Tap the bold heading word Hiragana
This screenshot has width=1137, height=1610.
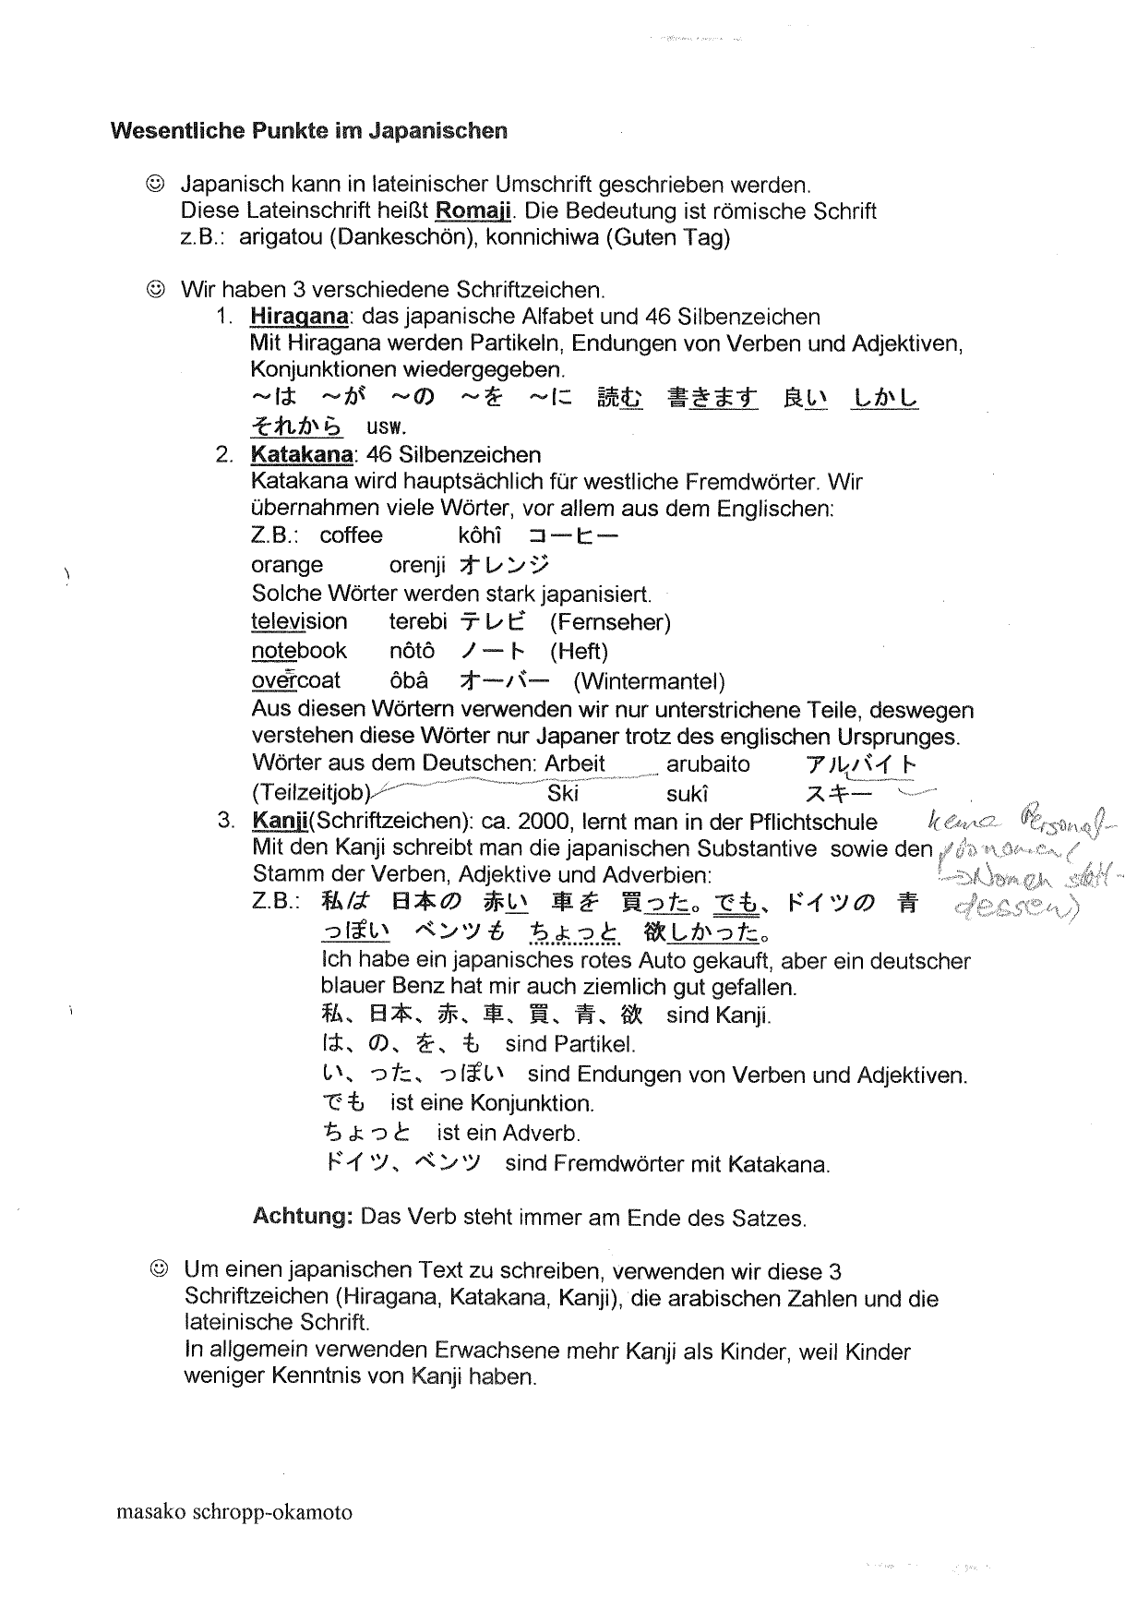[299, 317]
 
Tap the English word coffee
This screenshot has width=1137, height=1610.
[351, 535]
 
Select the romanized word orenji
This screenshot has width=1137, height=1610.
[417, 564]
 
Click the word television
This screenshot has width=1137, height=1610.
[299, 621]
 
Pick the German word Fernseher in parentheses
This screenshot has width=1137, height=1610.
[610, 622]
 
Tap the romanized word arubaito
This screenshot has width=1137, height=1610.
[708, 764]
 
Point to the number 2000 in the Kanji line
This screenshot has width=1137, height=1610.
[547, 821]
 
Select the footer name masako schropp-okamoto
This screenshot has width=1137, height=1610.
[234, 1512]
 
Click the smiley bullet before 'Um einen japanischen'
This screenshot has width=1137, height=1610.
[159, 1269]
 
